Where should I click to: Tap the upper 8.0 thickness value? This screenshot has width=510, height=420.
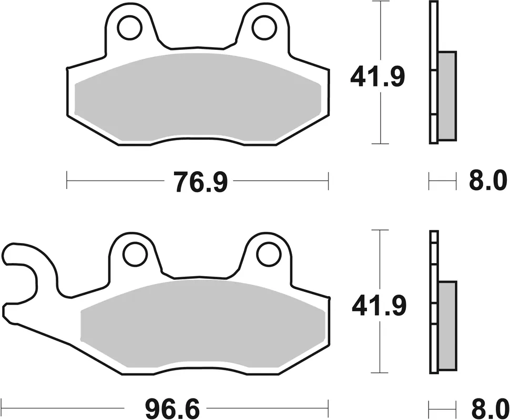tap(487, 182)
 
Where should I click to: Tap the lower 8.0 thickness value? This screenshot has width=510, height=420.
tap(487, 407)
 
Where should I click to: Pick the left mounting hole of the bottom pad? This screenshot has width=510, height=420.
tap(134, 255)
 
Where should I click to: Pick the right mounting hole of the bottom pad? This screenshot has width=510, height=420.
tap(267, 255)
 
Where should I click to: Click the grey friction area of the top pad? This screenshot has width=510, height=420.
tap(197, 97)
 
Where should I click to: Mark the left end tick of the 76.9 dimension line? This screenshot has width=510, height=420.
tap(67, 181)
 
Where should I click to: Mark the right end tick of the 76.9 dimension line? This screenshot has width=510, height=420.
tap(329, 181)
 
